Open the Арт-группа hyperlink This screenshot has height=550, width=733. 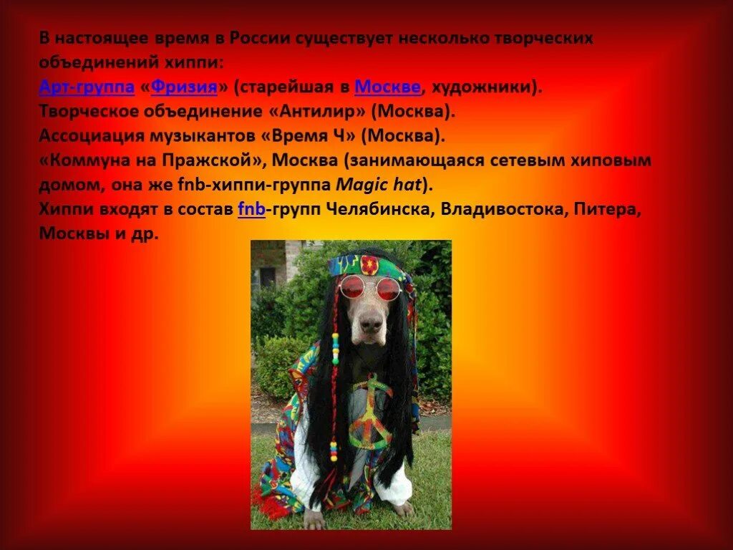click(x=87, y=87)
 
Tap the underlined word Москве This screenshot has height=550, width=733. click(x=387, y=87)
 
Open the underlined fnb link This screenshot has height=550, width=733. click(x=251, y=209)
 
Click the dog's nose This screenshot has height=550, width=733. click(x=370, y=324)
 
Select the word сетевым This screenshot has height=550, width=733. click(x=522, y=160)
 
